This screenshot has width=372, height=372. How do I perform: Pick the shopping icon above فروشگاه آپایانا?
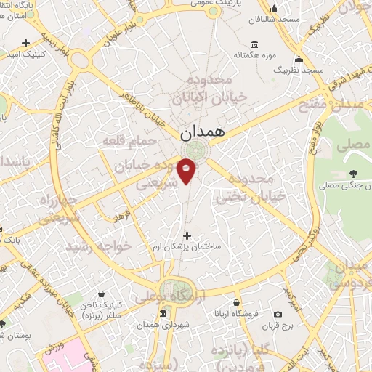pos(236,302)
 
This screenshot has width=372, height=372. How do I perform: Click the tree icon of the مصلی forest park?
pos(352,173)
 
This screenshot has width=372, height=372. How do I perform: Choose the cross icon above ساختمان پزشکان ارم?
pos(188,235)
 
